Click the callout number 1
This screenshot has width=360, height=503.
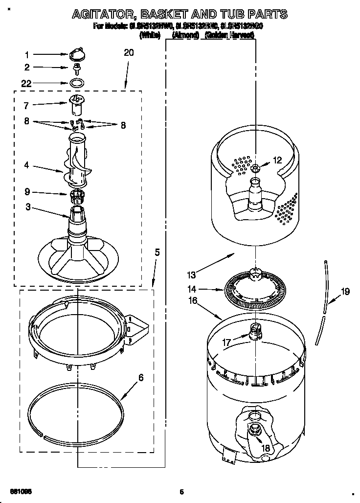[x=27, y=54]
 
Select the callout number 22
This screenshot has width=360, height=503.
[x=26, y=84]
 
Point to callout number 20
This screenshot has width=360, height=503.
[x=128, y=53]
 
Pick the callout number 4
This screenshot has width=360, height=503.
[x=26, y=165]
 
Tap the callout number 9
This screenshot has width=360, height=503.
[x=27, y=191]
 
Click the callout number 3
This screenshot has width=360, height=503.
[x=28, y=207]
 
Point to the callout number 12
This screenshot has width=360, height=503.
[x=277, y=160]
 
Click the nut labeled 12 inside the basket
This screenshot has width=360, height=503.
[x=256, y=168]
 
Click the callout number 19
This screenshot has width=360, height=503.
[x=345, y=292]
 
